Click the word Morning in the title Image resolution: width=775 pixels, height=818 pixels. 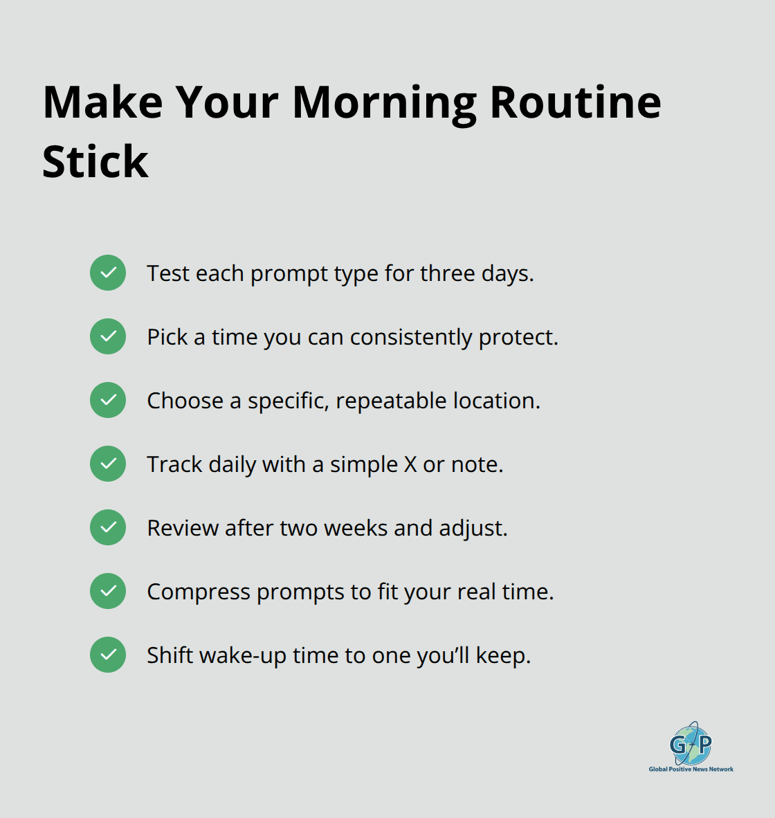click(384, 103)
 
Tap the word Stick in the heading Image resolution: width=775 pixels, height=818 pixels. click(95, 163)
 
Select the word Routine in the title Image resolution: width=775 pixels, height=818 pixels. click(575, 103)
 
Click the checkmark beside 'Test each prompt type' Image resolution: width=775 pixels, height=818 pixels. click(108, 273)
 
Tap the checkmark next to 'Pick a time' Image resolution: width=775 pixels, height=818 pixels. click(108, 336)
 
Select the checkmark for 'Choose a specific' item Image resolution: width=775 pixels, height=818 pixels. click(108, 400)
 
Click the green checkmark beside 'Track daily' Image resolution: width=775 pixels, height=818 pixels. click(108, 464)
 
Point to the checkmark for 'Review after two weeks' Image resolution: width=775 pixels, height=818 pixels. click(108, 527)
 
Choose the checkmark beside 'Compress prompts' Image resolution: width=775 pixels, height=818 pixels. click(108, 591)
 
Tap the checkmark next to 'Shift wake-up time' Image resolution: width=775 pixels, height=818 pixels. click(108, 655)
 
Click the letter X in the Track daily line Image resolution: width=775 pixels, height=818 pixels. click(410, 464)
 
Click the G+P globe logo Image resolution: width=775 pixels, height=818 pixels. click(691, 743)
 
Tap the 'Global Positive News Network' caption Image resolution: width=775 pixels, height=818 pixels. click(691, 769)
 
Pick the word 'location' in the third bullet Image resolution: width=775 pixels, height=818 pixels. click(496, 401)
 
